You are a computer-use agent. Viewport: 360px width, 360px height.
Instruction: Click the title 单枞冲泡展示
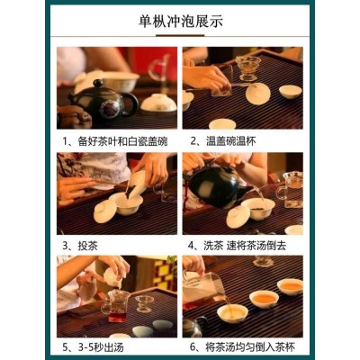click(x=181, y=21)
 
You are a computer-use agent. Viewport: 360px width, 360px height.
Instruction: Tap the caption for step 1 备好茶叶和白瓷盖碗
click(x=115, y=141)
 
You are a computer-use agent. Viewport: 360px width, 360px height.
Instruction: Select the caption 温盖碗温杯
click(x=223, y=141)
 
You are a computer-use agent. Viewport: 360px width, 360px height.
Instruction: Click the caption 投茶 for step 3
click(x=80, y=246)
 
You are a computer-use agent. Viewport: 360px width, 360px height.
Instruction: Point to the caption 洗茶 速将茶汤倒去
click(x=237, y=246)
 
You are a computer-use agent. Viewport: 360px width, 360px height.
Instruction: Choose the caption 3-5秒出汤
click(x=93, y=347)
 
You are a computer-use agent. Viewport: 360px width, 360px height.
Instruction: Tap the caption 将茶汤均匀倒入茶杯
click(x=242, y=347)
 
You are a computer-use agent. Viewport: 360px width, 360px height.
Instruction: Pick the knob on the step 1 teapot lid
click(x=98, y=83)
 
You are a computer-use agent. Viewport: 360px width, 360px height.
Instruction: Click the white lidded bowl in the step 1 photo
click(x=158, y=103)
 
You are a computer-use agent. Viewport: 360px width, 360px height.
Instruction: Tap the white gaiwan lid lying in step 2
click(x=257, y=94)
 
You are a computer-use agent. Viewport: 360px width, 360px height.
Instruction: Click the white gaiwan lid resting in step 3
click(x=105, y=211)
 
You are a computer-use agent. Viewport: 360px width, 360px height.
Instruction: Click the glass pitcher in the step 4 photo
click(x=290, y=190)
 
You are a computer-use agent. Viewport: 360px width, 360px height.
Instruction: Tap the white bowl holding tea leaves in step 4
click(x=258, y=209)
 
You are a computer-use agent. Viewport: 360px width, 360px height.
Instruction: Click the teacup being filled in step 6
click(x=232, y=313)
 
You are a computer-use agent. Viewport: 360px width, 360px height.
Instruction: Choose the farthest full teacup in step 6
click(x=290, y=286)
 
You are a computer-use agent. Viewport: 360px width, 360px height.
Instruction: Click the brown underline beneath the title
click(x=180, y=36)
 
